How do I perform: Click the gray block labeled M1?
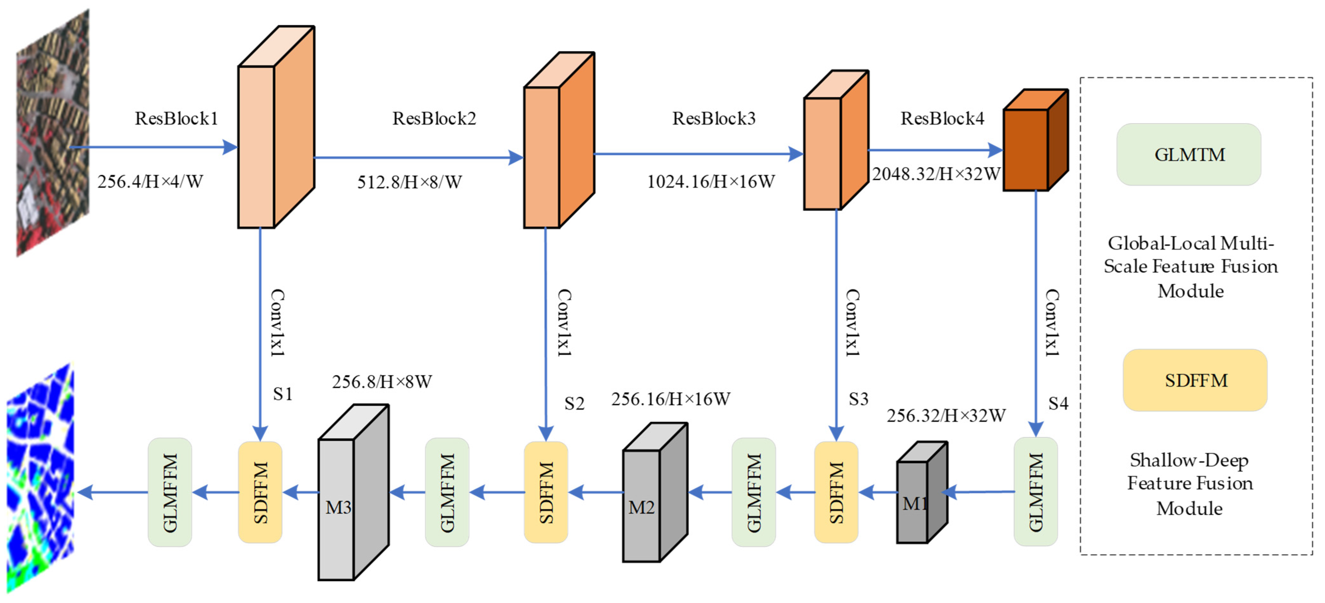921,494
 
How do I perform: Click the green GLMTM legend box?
1189,154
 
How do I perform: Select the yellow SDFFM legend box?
1195,380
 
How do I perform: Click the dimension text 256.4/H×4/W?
150,182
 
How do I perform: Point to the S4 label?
1058,403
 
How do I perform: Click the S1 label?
282,394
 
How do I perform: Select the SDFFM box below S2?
546,492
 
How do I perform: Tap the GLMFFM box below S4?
1035,492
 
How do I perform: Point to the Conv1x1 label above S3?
852,323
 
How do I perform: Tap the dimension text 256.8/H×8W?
382,382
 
